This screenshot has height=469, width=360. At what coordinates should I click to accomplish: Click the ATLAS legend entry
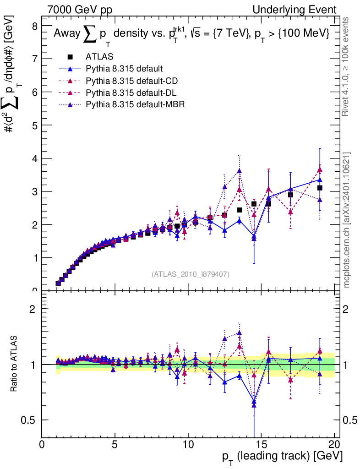click(99, 57)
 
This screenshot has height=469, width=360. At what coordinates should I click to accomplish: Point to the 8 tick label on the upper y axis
click(34, 26)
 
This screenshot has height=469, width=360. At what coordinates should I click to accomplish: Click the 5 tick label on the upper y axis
click(34, 125)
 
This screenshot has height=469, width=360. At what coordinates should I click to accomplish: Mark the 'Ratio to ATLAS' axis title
click(15, 364)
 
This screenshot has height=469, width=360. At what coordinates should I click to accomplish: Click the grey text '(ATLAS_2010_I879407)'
click(191, 274)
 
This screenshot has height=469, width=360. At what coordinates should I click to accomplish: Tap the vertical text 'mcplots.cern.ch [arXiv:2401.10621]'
click(347, 220)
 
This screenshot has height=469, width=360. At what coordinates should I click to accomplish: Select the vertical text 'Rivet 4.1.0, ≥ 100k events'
click(347, 66)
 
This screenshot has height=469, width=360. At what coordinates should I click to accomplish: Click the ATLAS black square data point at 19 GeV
click(320, 188)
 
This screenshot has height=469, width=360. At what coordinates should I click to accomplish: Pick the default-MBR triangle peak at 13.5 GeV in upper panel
click(239, 171)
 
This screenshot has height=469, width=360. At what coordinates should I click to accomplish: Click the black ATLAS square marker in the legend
click(70, 57)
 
